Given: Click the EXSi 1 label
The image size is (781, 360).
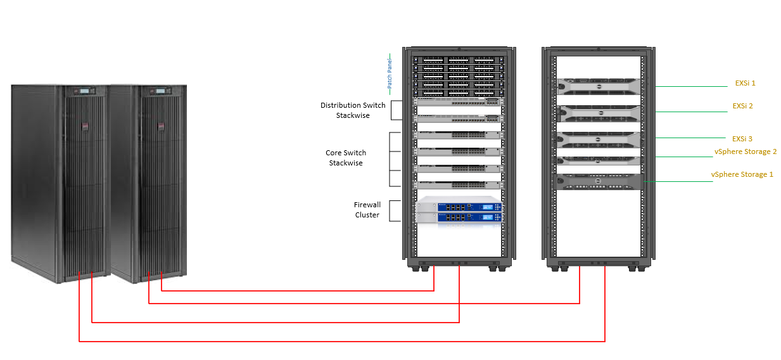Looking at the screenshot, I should tap(745, 83).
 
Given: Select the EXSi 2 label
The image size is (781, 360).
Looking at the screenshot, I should tap(742, 106).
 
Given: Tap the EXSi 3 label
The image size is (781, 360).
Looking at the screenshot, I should tap(742, 138).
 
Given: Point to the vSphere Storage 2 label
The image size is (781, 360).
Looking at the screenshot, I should tap(745, 151).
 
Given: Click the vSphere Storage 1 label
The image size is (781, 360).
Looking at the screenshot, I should tap(742, 174).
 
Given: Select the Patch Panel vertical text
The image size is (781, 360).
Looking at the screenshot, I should tap(390, 74).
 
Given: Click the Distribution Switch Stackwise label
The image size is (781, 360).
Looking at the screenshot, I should tap(352, 110).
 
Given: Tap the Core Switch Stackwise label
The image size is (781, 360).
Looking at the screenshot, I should tap(346, 158).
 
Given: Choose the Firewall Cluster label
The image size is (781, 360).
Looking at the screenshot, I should tap(367, 210).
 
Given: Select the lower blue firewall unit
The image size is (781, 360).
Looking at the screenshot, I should tap(458, 217).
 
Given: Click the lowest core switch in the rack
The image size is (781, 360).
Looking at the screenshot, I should tap(458, 184).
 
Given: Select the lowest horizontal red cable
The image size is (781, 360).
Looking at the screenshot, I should tap(342, 342).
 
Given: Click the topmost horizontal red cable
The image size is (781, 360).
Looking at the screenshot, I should tap(298, 291).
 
